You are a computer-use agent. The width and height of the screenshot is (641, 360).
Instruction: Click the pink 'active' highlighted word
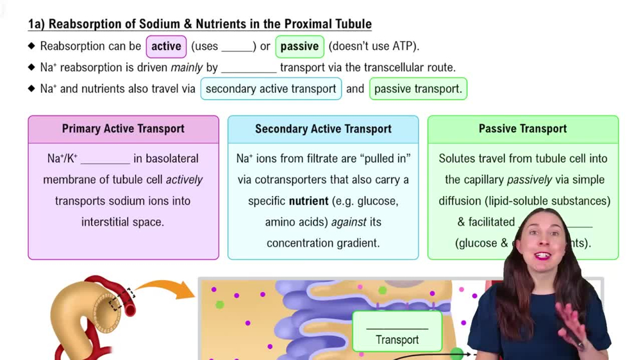(166, 46)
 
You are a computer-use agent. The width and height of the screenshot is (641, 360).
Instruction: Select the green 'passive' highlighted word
(299, 46)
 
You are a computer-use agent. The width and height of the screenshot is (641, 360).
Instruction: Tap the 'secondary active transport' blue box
(271, 88)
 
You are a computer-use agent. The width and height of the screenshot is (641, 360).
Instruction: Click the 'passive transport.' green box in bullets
(418, 88)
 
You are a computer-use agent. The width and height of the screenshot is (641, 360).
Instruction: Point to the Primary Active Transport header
(123, 129)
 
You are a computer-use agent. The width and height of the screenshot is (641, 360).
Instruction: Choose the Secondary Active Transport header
(323, 129)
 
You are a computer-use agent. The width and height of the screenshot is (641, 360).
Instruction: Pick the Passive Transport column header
(522, 129)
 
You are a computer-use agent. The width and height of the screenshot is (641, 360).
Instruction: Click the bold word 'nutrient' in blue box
(308, 200)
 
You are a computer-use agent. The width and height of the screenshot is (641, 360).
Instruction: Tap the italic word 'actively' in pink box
(184, 179)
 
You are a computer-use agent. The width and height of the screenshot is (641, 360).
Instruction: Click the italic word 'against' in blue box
(349, 222)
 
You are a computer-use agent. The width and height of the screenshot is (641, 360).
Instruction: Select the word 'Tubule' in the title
(353, 24)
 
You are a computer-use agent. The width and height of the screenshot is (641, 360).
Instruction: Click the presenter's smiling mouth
(542, 256)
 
